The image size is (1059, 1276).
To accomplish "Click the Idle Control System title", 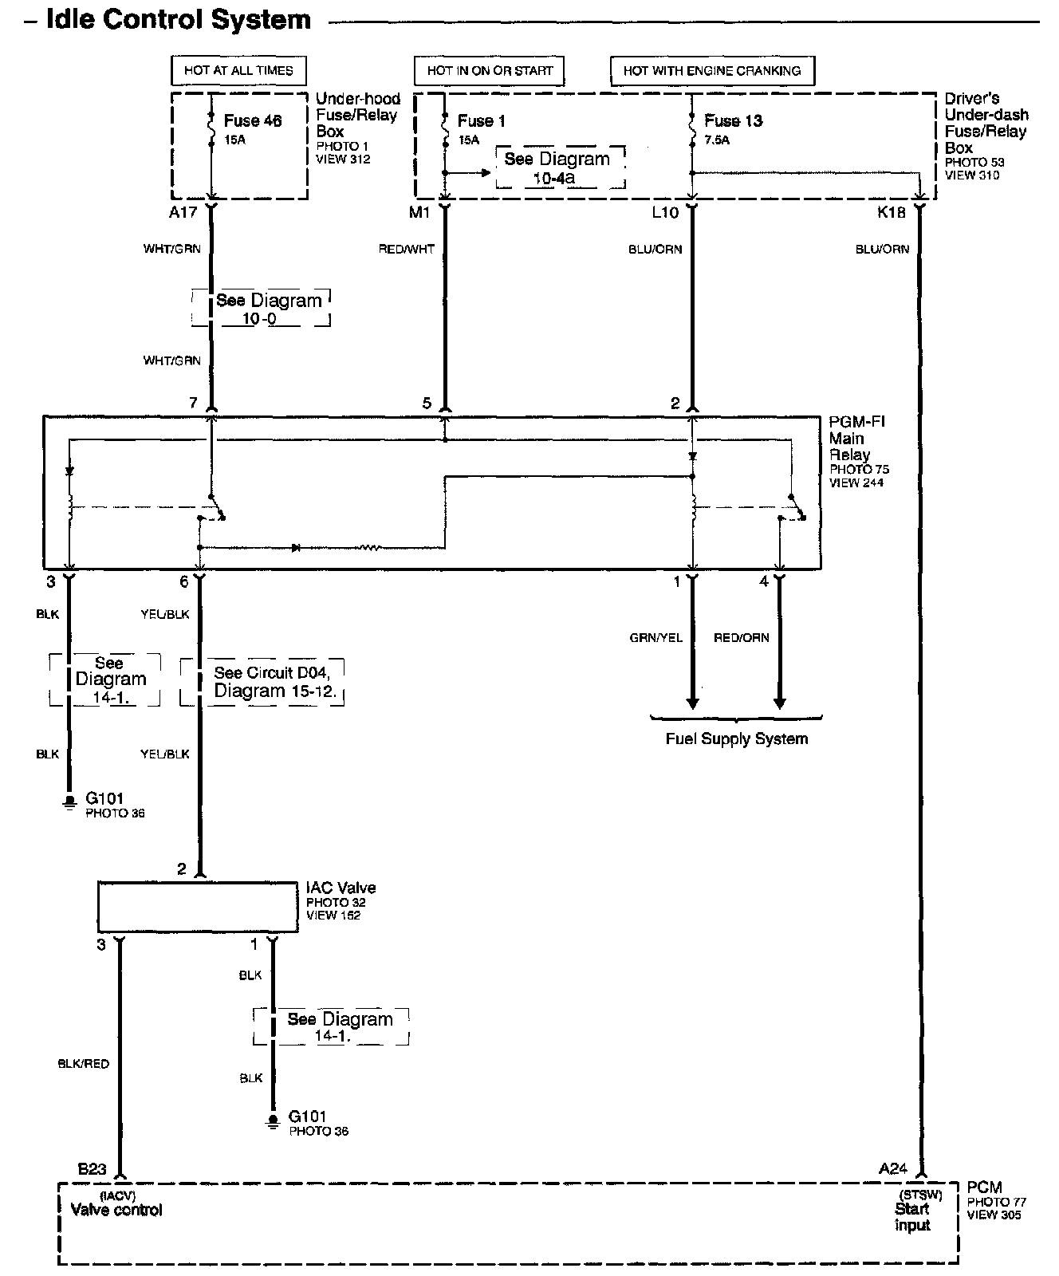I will click(x=178, y=19).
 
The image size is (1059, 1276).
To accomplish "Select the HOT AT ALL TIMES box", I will click(x=238, y=70).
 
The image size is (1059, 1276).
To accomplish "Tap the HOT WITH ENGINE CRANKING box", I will click(x=711, y=70).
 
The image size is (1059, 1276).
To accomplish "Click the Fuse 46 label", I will click(x=252, y=121).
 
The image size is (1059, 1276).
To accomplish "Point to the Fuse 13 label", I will click(x=733, y=121).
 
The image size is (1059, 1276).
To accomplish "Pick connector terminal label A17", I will click(x=183, y=213).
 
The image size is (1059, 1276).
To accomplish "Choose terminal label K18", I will click(x=890, y=213).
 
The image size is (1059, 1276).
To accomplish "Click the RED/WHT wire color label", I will click(x=407, y=250).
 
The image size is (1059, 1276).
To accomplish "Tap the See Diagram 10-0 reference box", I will click(x=261, y=309).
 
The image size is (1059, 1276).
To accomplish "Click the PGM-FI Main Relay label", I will click(x=856, y=438).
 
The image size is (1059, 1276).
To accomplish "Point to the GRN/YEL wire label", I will click(x=655, y=638).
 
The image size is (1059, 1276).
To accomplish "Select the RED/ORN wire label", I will click(x=742, y=638).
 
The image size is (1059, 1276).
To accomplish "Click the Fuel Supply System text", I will click(x=736, y=739).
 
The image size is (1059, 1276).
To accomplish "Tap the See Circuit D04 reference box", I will click(x=263, y=682).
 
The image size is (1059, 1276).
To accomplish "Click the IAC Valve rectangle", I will click(x=197, y=906).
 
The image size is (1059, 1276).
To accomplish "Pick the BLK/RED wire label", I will click(x=83, y=1064).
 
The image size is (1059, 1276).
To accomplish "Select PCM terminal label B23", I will click(x=92, y=1169).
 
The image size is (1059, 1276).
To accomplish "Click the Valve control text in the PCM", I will click(x=116, y=1211).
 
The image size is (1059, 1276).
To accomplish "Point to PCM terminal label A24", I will click(x=893, y=1169).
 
